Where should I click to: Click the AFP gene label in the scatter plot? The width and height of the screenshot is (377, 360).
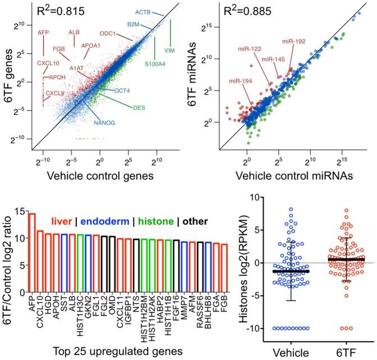click(43, 33)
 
